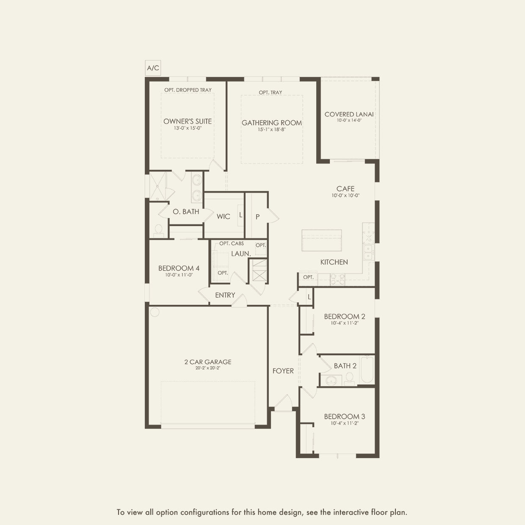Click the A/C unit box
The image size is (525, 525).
153,68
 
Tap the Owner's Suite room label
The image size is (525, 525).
188,122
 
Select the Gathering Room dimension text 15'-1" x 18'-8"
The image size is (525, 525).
272,130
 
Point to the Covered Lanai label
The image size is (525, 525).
349,114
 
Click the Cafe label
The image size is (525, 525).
345,189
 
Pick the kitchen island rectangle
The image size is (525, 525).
321,240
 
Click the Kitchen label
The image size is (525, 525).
334,262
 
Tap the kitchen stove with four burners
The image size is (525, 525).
337,279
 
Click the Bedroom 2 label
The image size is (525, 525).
345,317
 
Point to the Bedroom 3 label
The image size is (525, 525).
345,417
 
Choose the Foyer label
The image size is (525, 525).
283,371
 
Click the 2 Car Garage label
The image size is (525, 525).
208,362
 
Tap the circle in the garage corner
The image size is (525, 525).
155,312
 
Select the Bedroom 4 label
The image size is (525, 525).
179,268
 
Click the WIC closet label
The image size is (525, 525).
224,217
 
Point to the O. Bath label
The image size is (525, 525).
186,212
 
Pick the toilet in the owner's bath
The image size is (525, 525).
158,230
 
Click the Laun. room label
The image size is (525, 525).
241,254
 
